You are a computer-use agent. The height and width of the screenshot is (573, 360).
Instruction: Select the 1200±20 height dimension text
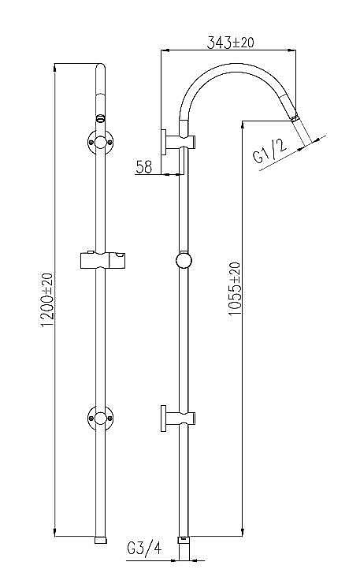point(46,300)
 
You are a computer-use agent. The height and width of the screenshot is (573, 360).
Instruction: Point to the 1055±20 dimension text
point(233,289)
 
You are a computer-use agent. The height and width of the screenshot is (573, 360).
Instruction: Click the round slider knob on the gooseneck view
point(184,261)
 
